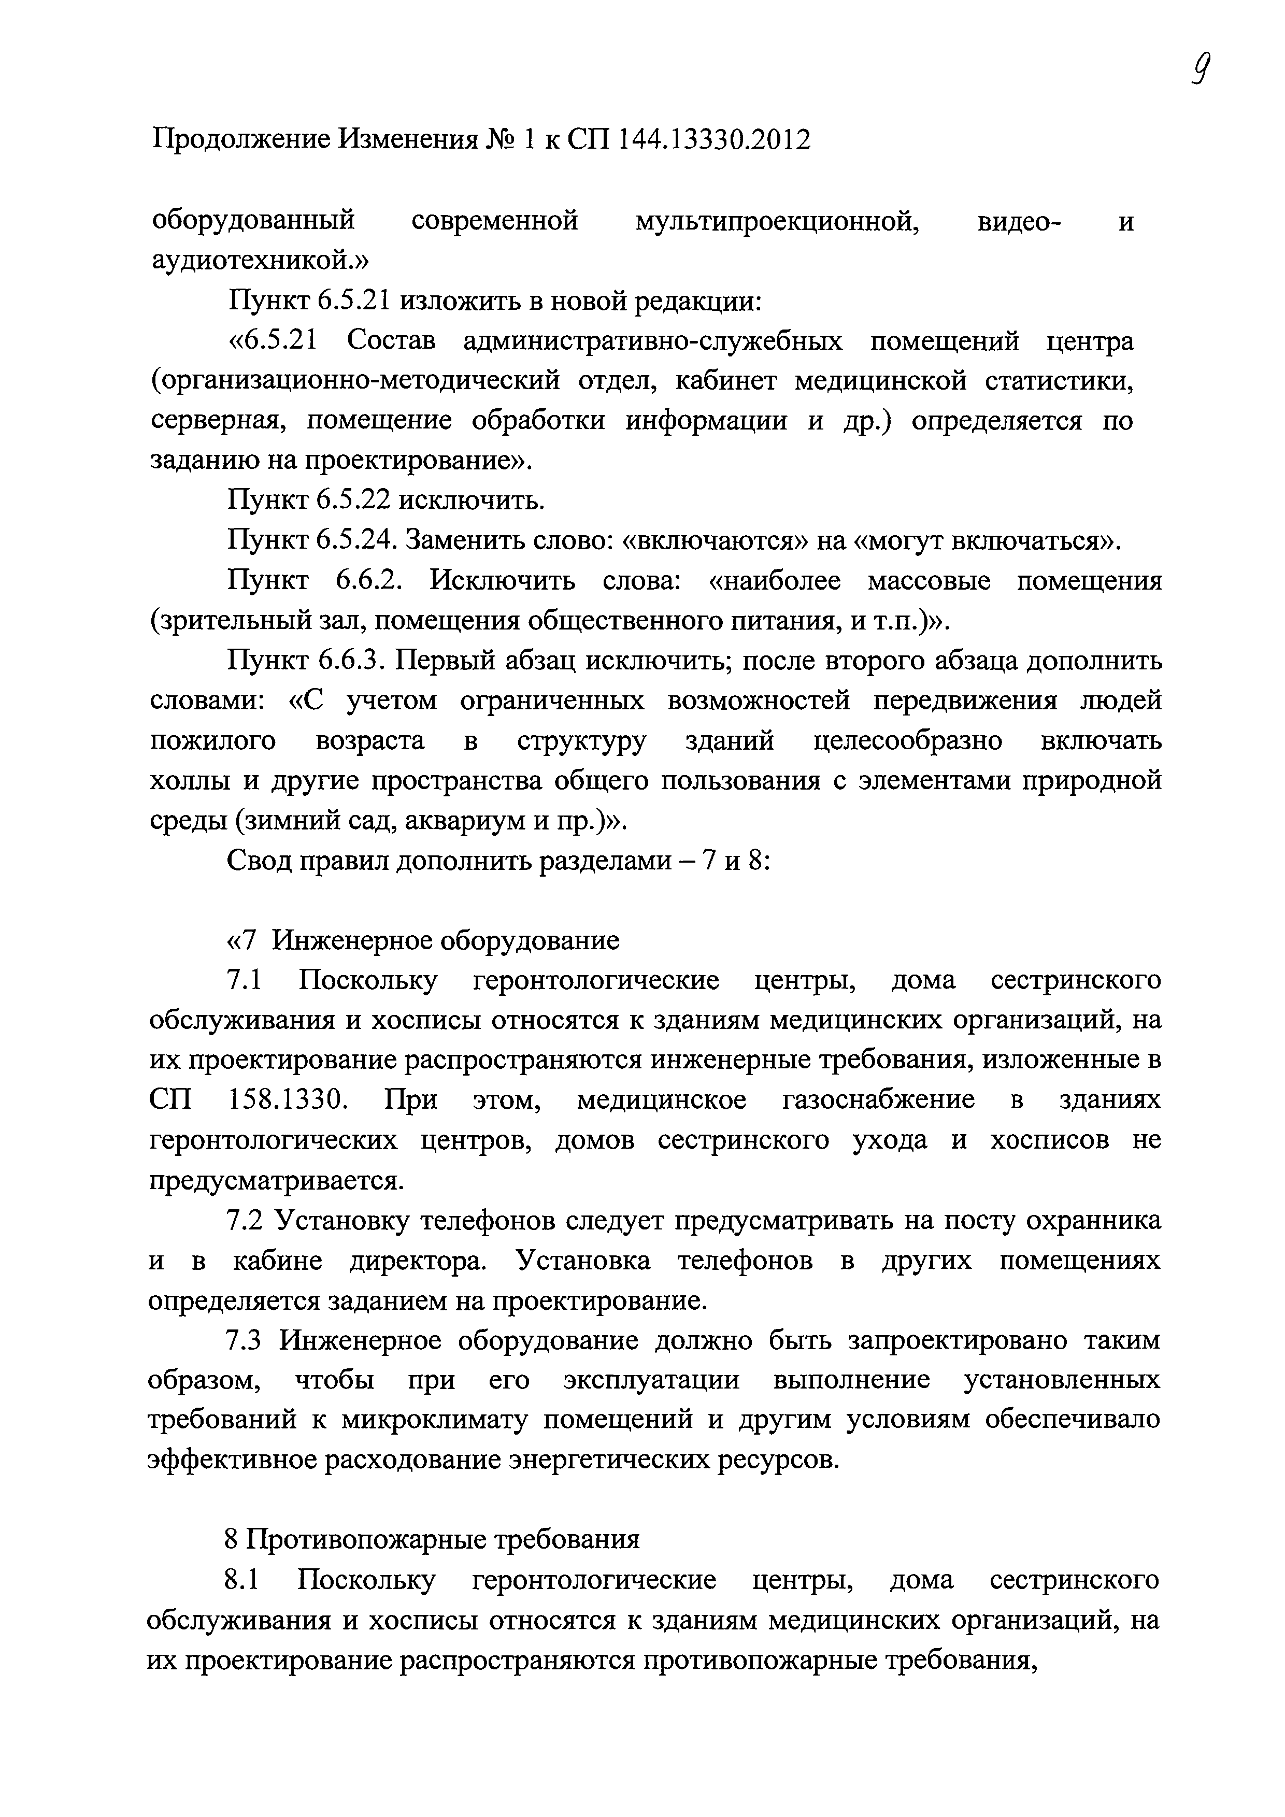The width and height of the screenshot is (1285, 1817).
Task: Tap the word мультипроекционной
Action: (x=777, y=221)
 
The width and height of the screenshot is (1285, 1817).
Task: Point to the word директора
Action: (x=418, y=1260)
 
